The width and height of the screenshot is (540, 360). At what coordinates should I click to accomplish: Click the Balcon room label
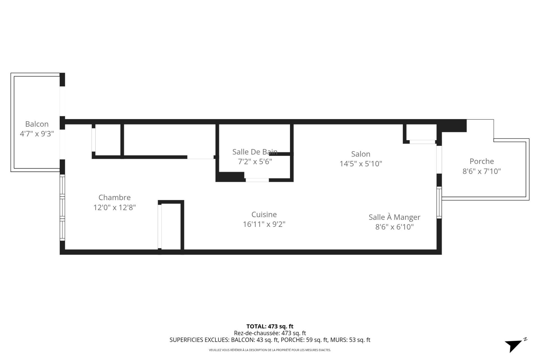pyautogui.click(x=37, y=124)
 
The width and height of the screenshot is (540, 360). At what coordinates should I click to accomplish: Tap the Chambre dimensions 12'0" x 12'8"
pyautogui.click(x=114, y=207)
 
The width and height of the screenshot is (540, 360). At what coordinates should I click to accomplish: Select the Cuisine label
pyautogui.click(x=264, y=214)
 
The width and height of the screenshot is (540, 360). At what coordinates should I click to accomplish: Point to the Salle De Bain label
pyautogui.click(x=255, y=152)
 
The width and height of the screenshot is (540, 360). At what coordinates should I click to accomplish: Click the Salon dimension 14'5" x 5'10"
pyautogui.click(x=361, y=164)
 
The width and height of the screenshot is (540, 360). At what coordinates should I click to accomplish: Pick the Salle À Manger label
pyautogui.click(x=394, y=217)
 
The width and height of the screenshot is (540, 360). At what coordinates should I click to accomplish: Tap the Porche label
pyautogui.click(x=481, y=161)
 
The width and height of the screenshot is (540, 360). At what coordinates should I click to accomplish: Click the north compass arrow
pyautogui.click(x=515, y=345)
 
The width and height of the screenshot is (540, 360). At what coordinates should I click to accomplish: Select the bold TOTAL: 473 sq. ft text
pyautogui.click(x=270, y=327)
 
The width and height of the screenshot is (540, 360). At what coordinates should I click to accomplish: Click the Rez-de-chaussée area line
pyautogui.click(x=270, y=333)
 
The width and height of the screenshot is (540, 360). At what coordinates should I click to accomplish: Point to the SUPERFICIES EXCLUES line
pyautogui.click(x=270, y=340)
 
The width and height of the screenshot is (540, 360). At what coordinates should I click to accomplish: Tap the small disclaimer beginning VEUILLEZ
pyautogui.click(x=270, y=350)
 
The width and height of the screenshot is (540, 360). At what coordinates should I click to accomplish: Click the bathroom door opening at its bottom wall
pyautogui.click(x=257, y=180)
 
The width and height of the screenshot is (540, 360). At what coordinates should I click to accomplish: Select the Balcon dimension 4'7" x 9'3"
pyautogui.click(x=37, y=134)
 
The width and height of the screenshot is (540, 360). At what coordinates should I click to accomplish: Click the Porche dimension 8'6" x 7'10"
pyautogui.click(x=481, y=171)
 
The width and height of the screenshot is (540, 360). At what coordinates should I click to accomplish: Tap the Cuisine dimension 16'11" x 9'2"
pyautogui.click(x=264, y=224)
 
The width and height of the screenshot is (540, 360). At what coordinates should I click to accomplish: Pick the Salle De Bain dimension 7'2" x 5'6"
pyautogui.click(x=255, y=162)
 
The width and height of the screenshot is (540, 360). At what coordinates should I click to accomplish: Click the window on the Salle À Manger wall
pyautogui.click(x=439, y=202)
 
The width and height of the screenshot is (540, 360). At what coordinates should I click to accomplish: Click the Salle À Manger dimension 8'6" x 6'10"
pyautogui.click(x=394, y=227)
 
